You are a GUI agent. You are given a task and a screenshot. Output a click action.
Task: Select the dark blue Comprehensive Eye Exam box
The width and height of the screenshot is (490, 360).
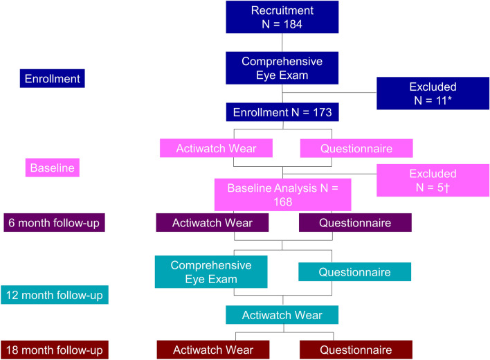(x=282, y=68)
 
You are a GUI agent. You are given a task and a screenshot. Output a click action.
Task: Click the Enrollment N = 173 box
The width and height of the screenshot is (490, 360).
(x=282, y=111)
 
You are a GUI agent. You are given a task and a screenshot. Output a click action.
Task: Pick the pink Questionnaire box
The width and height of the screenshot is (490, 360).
(x=356, y=148)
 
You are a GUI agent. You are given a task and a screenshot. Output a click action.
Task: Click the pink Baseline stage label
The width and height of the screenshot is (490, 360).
(x=52, y=167)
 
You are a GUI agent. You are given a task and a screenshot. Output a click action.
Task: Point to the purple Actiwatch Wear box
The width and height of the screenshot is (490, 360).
(x=212, y=223)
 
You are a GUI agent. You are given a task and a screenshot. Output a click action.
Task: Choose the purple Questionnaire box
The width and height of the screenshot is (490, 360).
(x=355, y=223)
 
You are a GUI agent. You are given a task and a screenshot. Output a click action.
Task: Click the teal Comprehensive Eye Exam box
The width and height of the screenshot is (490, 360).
(x=210, y=271)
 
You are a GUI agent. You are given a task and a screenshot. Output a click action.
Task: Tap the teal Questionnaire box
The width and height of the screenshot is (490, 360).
(x=354, y=271)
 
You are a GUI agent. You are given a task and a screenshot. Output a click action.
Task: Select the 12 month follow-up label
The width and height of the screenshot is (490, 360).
(x=55, y=296)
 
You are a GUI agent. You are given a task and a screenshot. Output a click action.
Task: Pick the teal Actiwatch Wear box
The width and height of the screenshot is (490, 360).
(x=282, y=315)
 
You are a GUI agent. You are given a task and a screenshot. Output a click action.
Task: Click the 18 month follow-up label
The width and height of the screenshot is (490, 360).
(x=55, y=350)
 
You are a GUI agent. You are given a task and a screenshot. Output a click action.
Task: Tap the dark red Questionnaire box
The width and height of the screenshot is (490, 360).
(x=355, y=350)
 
